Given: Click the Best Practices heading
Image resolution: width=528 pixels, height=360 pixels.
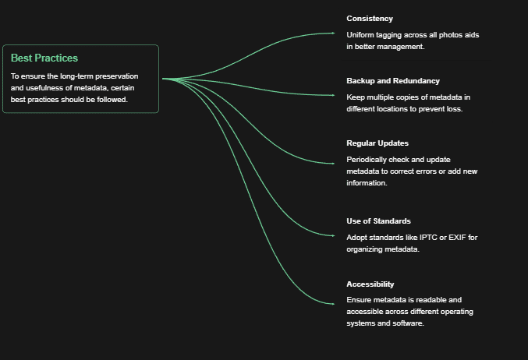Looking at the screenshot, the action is pos(44,58).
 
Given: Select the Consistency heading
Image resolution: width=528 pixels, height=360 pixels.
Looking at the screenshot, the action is pos(370,19).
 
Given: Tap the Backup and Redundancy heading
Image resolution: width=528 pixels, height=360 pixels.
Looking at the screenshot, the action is pos(393,81).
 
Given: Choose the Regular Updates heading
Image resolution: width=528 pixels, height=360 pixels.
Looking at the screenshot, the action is pos(377,143).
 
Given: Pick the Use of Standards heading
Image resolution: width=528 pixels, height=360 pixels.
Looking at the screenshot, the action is pos(378,221).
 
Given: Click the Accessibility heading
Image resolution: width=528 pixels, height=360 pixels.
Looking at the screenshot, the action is pos(370,284).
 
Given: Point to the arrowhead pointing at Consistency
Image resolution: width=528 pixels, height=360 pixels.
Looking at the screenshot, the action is pos(333,33).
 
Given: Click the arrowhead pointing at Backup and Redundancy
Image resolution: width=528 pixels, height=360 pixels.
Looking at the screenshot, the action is pos(333,95).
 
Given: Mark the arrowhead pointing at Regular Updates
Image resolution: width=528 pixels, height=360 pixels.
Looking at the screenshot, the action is pos(333,164).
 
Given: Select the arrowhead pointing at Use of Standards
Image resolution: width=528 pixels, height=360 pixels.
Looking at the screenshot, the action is pos(333,236).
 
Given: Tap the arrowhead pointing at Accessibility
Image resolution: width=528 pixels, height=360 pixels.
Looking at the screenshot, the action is pos(333,304).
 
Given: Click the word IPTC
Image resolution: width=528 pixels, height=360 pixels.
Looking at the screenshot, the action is pos(428,238).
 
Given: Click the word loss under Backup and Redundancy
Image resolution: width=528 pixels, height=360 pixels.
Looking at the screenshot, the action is pos(455,109).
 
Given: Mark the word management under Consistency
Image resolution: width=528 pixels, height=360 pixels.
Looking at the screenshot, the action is pos(400,47).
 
